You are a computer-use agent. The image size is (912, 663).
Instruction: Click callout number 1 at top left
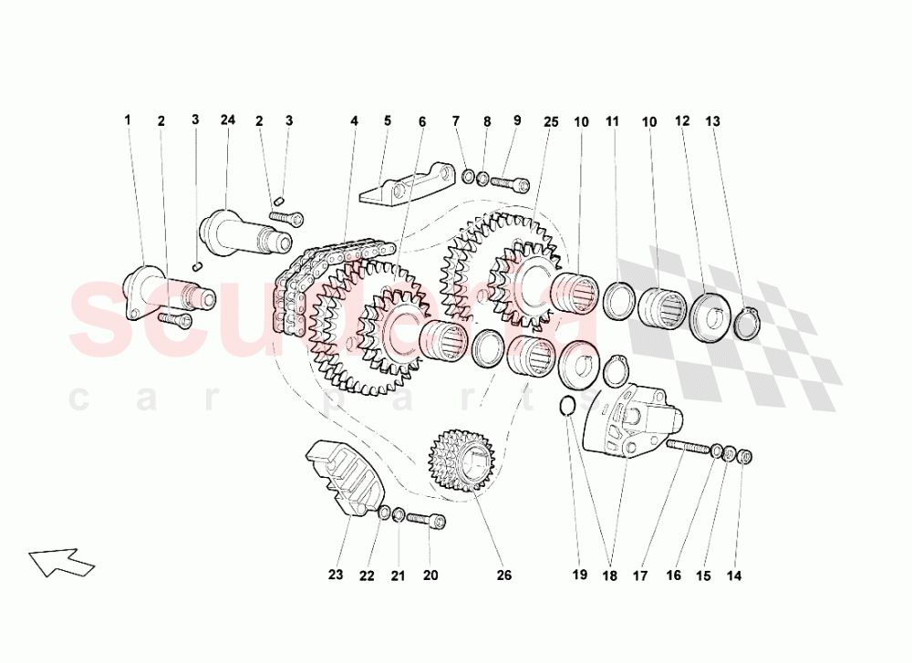[128, 119]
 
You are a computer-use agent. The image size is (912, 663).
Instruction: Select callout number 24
[227, 119]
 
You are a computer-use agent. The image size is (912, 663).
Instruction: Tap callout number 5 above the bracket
[387, 120]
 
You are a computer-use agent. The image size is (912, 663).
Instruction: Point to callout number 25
[550, 120]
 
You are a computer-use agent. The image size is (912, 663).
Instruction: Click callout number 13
[712, 120]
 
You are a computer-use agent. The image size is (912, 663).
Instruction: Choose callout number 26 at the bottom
[504, 575]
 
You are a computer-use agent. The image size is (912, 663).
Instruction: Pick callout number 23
[336, 575]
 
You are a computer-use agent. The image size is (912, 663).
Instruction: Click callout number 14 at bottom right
[734, 575]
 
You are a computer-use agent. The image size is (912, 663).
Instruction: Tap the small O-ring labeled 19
[565, 405]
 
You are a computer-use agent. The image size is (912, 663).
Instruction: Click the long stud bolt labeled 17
[688, 446]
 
